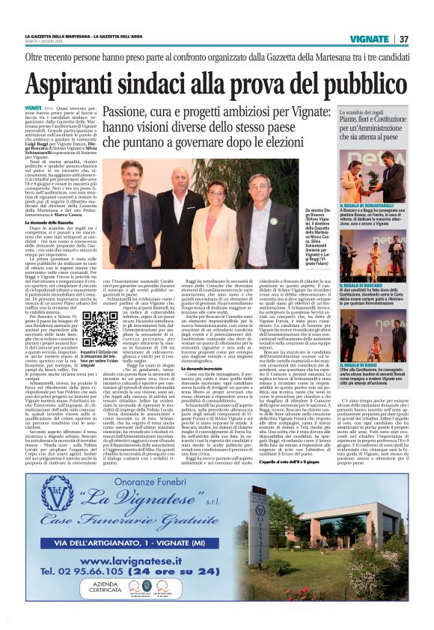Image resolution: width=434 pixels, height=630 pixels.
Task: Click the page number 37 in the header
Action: point(403,39)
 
